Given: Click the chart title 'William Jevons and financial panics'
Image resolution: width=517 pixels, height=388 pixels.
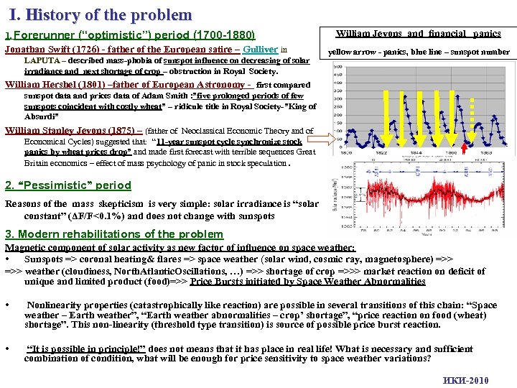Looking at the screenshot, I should [x=419, y=34].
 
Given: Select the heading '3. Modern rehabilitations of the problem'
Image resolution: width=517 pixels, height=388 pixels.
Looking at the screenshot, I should [x=114, y=234].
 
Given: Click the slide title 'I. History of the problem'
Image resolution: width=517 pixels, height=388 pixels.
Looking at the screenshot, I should [x=101, y=14].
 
